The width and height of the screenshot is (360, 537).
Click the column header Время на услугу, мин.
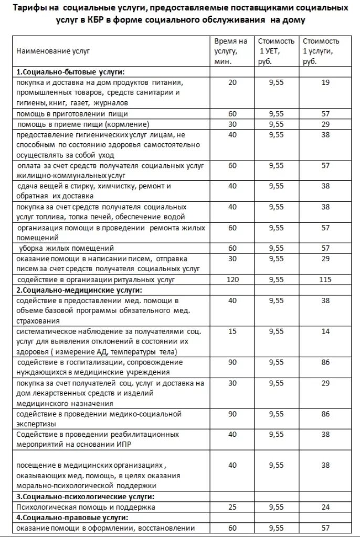pos(230,51)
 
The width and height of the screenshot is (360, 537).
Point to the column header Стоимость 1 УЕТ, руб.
pos(276,51)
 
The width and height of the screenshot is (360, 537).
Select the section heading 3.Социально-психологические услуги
pos(88,496)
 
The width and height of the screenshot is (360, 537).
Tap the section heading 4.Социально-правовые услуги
pos(72,518)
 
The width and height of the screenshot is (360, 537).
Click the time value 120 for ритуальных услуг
pos(232,280)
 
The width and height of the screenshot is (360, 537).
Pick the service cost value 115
pos(325,280)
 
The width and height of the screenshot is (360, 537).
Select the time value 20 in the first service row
pos(233,82)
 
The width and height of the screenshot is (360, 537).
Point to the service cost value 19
pos(325,82)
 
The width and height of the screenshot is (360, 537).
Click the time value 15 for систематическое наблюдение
pos(232,331)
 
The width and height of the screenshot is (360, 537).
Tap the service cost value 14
pos(325,331)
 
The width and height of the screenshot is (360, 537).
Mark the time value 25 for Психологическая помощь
pos(232,507)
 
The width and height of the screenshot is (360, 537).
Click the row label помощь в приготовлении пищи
pos(71,113)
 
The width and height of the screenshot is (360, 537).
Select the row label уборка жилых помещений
pos(66,248)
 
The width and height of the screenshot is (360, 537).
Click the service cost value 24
pos(325,507)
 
